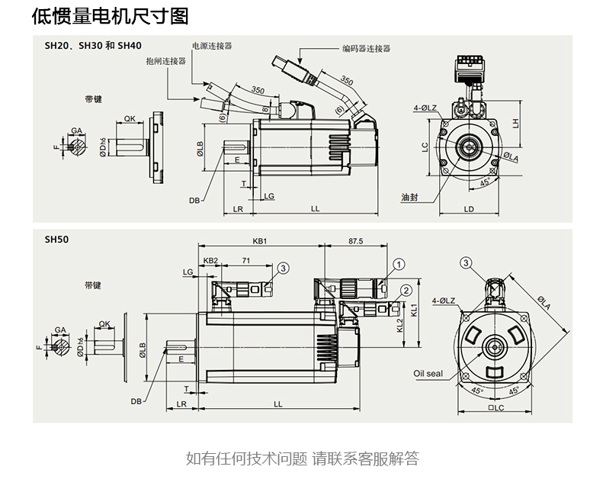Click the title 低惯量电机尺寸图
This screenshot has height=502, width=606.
pos(111,16)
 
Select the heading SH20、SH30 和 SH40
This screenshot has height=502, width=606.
pos(93,46)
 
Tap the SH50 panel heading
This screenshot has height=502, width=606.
pos(56,239)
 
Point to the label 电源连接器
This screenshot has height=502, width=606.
pos(212,46)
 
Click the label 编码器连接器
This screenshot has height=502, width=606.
pos(366,48)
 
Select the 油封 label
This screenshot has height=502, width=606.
pos(409,197)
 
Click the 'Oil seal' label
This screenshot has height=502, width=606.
pos(428,374)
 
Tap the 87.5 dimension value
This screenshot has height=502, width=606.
pos(355,241)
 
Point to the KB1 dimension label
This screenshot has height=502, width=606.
pos(259,241)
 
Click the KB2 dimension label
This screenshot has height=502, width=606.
pos(210,260)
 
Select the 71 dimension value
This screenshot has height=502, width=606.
pos(245,260)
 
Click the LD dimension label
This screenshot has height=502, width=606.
pos(469,208)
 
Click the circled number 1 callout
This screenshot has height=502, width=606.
pos(398,264)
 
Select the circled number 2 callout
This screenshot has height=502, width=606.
pos(406,290)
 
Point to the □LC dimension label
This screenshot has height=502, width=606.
pos(496,408)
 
